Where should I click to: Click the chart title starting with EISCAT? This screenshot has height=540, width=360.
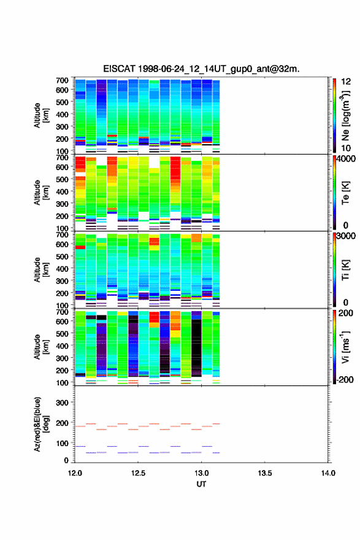coord(201,69)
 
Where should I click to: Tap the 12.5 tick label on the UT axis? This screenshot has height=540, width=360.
coord(138,473)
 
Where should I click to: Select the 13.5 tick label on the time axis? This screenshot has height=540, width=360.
coord(265,473)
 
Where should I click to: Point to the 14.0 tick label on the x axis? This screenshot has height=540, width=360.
coord(328,473)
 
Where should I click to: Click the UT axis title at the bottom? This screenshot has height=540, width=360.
coord(201,484)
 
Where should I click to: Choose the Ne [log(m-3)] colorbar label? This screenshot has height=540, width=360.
coord(345,116)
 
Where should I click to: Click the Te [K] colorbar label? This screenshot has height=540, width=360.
coord(345,193)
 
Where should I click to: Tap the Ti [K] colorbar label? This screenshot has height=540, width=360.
coord(345,271)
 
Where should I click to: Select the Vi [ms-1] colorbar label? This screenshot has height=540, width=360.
coord(345,347)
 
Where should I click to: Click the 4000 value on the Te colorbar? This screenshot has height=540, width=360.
coord(346,159)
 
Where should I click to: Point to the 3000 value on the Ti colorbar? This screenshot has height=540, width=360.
coord(346,236)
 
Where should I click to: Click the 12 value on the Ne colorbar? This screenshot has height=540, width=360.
coord(346,82)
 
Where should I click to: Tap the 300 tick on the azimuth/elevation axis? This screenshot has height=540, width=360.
coord(62,403)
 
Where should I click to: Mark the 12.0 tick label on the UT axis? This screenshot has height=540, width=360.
coord(75,473)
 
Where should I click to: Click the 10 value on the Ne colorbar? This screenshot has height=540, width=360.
coord(346,148)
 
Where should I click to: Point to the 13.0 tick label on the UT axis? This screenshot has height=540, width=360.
coord(201,473)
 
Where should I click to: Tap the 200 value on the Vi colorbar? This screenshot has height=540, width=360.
coord(346,313)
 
